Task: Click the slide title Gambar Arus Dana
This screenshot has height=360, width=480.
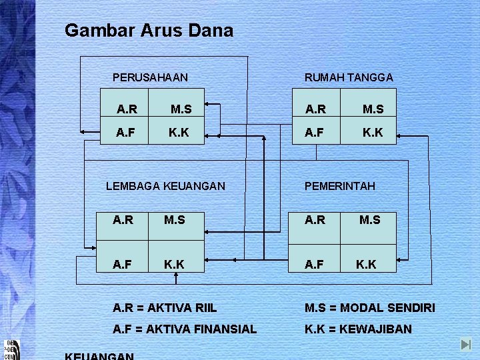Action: [x=149, y=31]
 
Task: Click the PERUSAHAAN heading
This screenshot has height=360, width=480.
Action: [x=150, y=77]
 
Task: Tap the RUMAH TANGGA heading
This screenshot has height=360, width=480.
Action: [x=349, y=77]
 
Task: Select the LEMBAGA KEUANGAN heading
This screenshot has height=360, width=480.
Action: [x=166, y=186]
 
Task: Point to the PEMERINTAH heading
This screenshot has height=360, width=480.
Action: [x=340, y=186]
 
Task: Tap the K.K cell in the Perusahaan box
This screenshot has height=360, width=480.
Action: [x=179, y=133]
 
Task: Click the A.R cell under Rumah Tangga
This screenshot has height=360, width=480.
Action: [x=316, y=109]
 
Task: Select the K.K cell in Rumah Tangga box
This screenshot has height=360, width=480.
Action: [x=373, y=133]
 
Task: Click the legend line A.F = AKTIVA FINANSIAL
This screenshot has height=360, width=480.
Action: [x=185, y=329]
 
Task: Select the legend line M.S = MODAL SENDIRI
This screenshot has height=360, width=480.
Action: [x=370, y=308]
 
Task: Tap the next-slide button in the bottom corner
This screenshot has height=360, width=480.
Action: [x=466, y=345]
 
